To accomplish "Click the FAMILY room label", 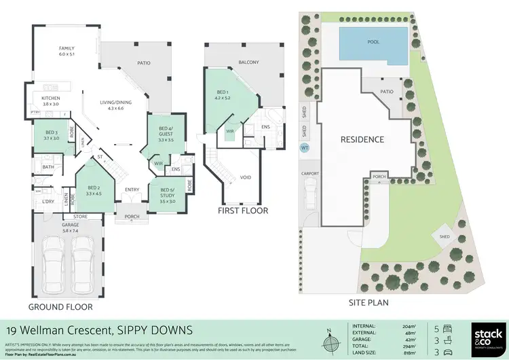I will pos(67,52).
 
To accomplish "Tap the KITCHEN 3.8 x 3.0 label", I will pos(51,101).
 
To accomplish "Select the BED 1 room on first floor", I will pos(223,96).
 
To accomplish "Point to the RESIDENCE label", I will pos(362,140).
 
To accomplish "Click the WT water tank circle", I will pos(304,147).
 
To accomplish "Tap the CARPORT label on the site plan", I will pos(310,173).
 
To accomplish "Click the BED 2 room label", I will pos(93,190).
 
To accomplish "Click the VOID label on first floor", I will pos(246,177).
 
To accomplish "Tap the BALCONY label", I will pos(248,62).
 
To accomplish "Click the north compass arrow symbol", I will pos(329,338).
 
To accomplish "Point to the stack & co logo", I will pos(486,338).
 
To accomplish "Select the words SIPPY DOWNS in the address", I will pos(157,330).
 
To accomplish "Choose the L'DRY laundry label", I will pos(48,202).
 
